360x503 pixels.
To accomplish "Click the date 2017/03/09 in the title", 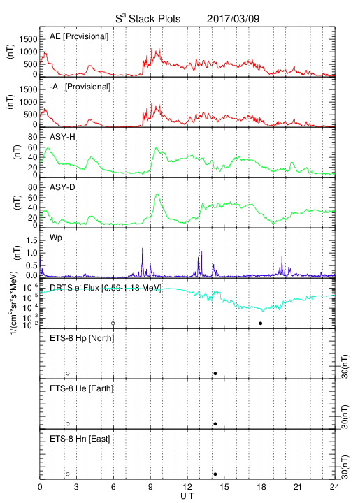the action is click(x=233, y=19).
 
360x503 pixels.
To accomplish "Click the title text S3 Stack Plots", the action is click(x=148, y=18).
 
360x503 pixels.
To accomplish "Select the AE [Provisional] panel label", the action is click(x=79, y=36).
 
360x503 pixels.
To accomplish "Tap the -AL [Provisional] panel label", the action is click(x=80, y=87).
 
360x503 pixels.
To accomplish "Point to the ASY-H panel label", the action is click(x=62, y=137).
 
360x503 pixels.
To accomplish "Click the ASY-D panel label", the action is click(x=62, y=187).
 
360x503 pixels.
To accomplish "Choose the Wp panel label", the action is click(x=56, y=238).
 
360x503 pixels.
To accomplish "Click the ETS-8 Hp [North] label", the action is click(x=82, y=338).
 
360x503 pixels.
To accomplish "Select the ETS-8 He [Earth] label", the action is click(x=82, y=388).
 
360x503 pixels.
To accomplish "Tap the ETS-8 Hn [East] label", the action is click(x=80, y=439).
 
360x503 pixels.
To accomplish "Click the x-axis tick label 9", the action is click(x=150, y=487).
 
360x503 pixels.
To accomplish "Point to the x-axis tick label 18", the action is click(x=261, y=487).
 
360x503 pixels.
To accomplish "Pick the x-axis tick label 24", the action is click(x=334, y=487).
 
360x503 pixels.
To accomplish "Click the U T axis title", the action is click(x=187, y=496).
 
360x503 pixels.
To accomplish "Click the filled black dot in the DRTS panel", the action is click(x=261, y=323).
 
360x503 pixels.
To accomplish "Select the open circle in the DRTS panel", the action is click(x=113, y=323).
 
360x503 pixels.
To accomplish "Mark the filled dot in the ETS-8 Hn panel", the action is click(x=215, y=474).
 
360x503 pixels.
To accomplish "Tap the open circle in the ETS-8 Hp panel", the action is click(x=68, y=373).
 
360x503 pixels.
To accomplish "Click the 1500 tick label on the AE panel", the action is click(x=28, y=39).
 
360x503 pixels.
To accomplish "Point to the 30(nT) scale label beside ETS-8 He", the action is click(x=345, y=416).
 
